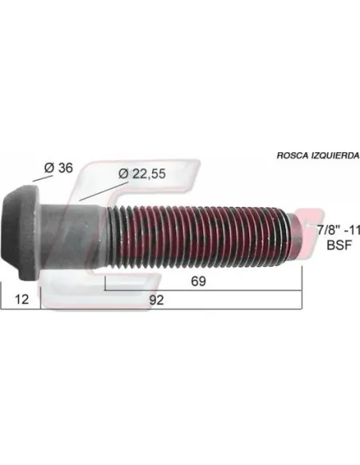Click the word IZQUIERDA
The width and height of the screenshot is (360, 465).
(335, 155)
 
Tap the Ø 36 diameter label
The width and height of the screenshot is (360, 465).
(58, 168)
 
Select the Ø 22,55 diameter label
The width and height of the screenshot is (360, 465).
(142, 174)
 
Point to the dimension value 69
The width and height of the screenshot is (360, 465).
(198, 281)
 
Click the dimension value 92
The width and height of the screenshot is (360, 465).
(156, 300)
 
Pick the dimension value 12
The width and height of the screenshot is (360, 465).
(22, 299)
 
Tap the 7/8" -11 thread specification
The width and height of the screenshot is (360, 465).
(338, 230)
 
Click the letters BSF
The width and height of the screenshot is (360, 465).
(339, 245)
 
